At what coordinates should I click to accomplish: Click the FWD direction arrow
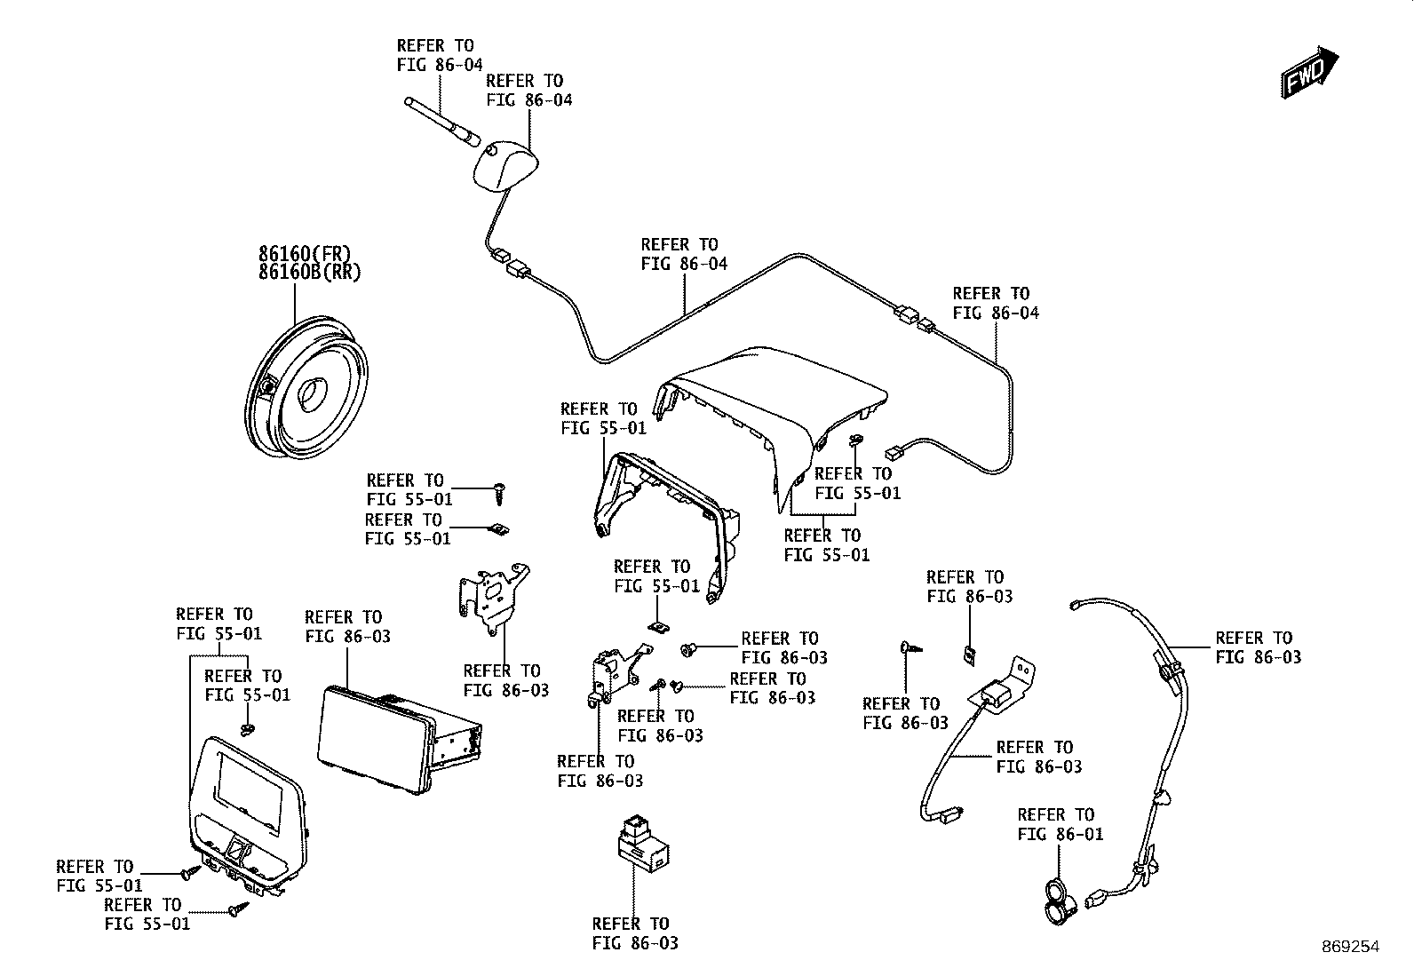[x=1309, y=72]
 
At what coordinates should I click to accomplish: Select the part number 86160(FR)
[x=305, y=254]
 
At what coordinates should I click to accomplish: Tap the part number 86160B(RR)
[x=309, y=273]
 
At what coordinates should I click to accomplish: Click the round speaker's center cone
[x=311, y=394]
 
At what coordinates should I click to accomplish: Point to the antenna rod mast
[x=442, y=120]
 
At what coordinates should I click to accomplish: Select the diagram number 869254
[x=1350, y=947]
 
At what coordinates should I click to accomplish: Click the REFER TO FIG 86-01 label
[x=1060, y=824]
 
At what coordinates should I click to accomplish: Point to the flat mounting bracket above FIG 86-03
[x=492, y=598]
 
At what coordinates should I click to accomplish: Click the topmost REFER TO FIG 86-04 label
[x=440, y=55]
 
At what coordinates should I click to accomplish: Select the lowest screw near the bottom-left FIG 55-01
[x=239, y=909]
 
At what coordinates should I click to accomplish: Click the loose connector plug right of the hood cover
[x=896, y=453]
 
